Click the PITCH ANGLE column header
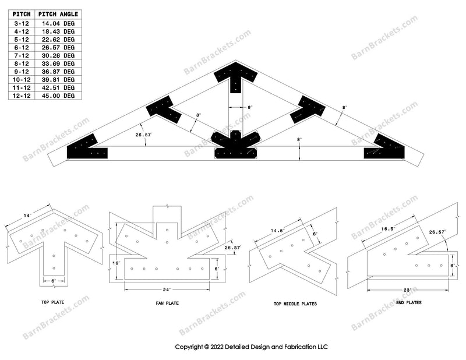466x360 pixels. pyautogui.click(x=58, y=13)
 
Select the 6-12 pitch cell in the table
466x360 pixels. pyautogui.click(x=22, y=47)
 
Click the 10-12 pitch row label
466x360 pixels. pyautogui.click(x=22, y=79)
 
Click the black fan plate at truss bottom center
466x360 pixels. pyautogui.click(x=235, y=146)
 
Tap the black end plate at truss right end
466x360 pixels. pyautogui.click(x=385, y=149)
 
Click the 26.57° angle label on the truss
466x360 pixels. pyautogui.click(x=143, y=135)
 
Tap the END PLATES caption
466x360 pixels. pyautogui.click(x=409, y=302)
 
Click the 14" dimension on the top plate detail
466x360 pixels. pyautogui.click(x=27, y=216)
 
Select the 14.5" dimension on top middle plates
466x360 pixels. pyautogui.click(x=276, y=230)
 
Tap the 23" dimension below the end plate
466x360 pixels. pyautogui.click(x=406, y=290)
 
